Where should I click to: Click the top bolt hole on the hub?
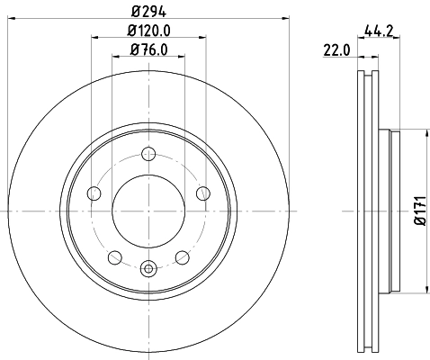pos(148,155)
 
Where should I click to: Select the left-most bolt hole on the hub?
pos(94,193)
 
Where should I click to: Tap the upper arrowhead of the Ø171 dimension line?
pos(419,133)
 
